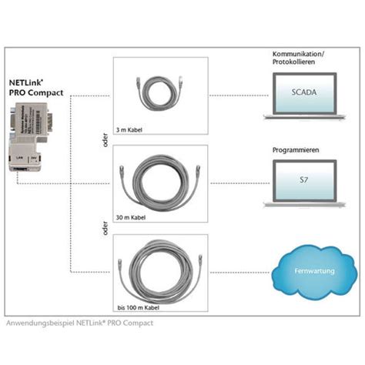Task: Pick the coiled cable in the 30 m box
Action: click(161, 182)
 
